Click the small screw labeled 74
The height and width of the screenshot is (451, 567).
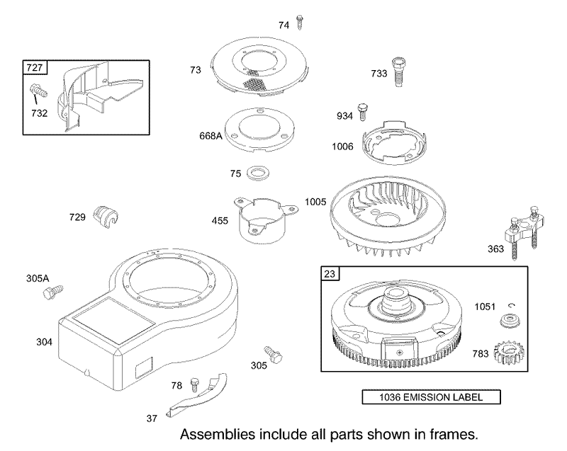(x=299, y=23)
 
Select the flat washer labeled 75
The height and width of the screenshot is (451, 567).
(x=258, y=173)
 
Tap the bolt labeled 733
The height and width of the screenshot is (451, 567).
(x=398, y=72)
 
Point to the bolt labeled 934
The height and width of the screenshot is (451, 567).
(x=363, y=112)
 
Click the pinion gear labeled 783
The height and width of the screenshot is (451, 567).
(x=509, y=352)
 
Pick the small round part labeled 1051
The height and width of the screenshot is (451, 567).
(x=510, y=320)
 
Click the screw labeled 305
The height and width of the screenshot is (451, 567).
(x=273, y=355)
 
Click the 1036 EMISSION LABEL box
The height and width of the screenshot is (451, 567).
(x=432, y=397)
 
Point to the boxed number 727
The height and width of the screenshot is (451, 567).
(x=35, y=67)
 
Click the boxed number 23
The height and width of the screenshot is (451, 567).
(x=330, y=274)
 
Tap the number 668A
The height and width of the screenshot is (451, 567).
(x=210, y=136)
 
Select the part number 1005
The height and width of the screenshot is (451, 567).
(x=315, y=202)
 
